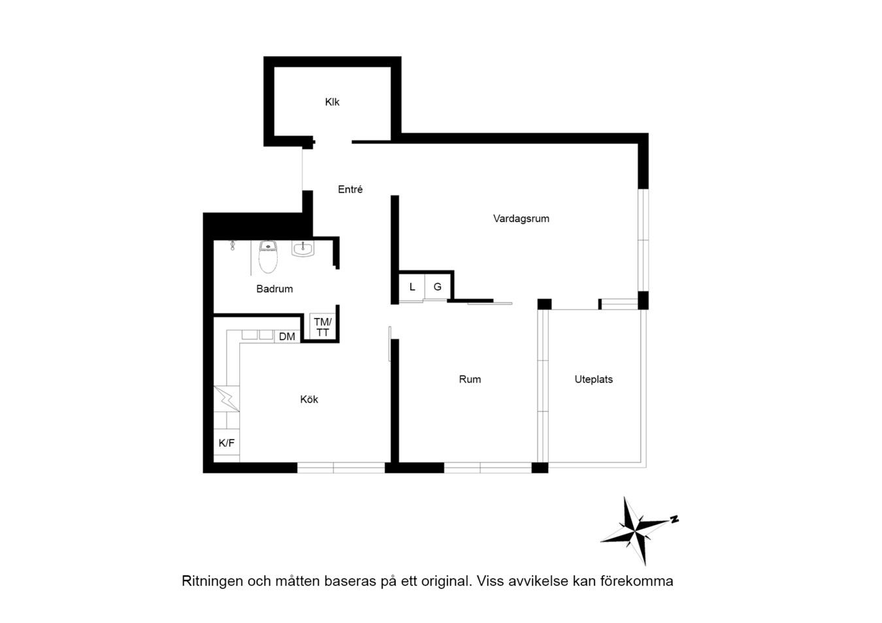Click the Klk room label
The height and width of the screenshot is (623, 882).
click(332, 102)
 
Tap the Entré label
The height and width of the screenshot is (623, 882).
click(350, 189)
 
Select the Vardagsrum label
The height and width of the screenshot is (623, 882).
click(521, 219)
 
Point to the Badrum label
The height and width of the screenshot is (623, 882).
click(274, 289)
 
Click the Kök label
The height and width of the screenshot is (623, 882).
click(309, 400)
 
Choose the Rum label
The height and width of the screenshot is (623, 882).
click(470, 379)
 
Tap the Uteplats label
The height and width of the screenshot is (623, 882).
click(593, 379)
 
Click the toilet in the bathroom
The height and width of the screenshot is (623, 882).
click(268, 257)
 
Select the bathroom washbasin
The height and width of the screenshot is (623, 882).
click(302, 249)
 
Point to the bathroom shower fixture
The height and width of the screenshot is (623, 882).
click(233, 246)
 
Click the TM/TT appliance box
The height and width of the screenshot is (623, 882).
click(323, 327)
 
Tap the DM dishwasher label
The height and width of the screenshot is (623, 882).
click(287, 336)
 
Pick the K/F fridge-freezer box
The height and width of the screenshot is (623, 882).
click(227, 443)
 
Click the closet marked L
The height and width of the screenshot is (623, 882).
click(412, 287)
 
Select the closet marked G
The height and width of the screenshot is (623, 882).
click(438, 287)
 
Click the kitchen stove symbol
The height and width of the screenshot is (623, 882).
click(227, 398)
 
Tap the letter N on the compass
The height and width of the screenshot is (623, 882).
click(674, 519)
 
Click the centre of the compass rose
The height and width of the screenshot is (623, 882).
click(635, 532)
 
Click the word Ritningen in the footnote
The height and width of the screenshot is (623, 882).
click(212, 581)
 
